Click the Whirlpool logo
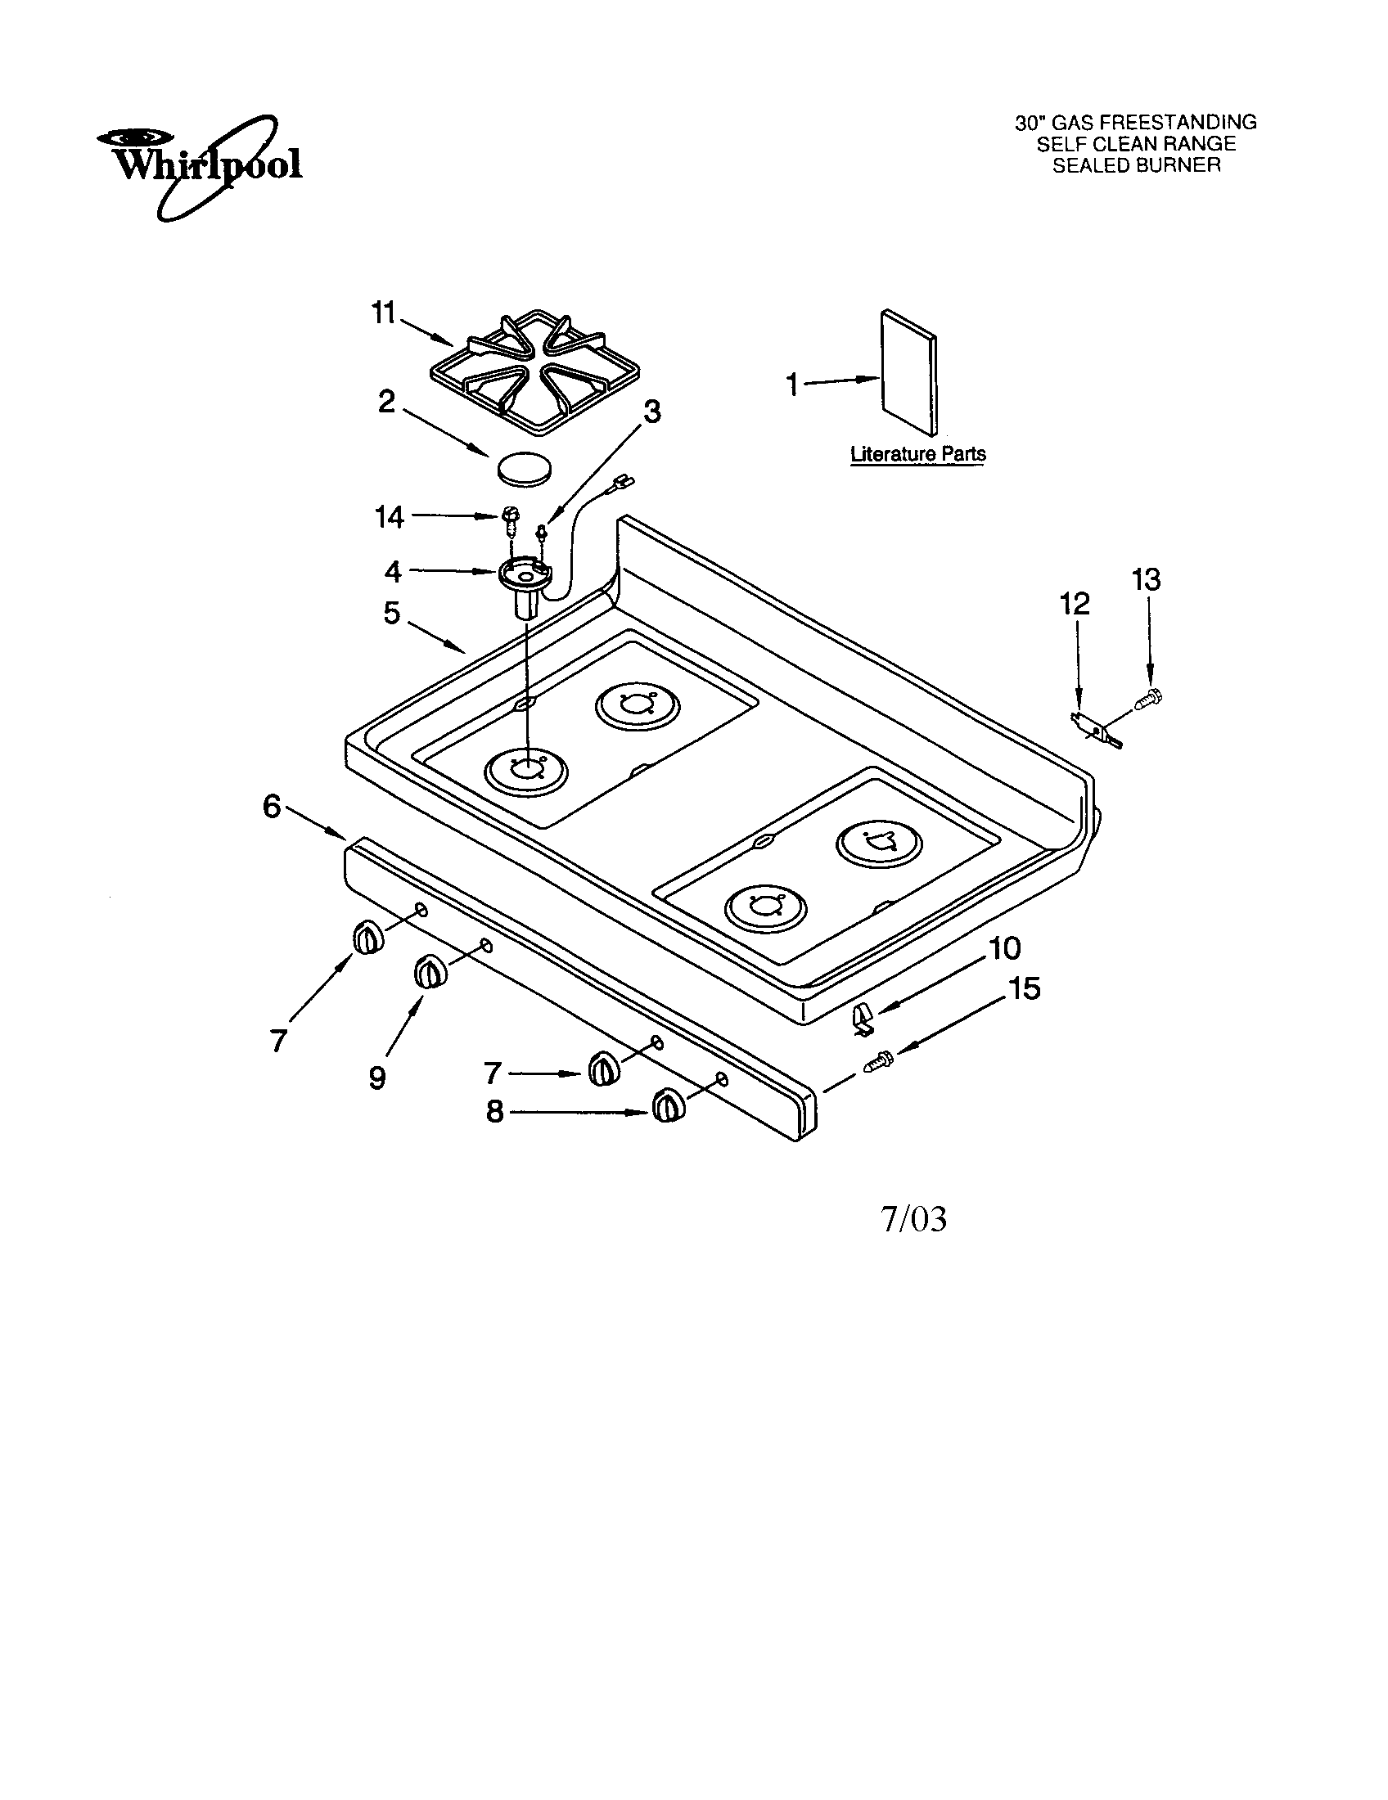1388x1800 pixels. click(198, 164)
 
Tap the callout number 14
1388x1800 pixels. click(389, 517)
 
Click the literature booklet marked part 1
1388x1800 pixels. click(908, 372)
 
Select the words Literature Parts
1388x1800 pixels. click(917, 454)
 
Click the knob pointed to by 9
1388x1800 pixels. click(430, 972)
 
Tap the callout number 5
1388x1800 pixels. click(391, 613)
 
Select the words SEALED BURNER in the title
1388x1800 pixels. click(1136, 165)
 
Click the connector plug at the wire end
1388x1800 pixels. click(623, 476)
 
